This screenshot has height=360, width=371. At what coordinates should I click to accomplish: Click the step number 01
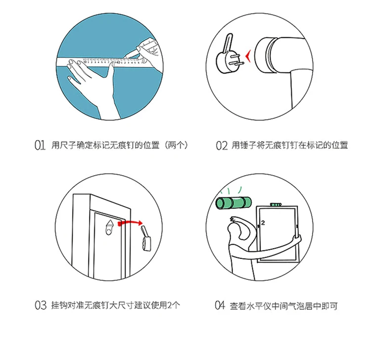tap(40, 145)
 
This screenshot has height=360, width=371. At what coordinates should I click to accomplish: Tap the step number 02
tap(222, 146)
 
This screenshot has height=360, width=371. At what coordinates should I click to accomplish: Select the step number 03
tap(41, 305)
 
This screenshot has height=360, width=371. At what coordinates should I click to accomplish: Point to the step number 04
tap(220, 305)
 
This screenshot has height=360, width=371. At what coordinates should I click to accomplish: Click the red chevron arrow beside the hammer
tap(248, 57)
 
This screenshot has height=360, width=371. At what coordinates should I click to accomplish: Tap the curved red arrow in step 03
tap(131, 223)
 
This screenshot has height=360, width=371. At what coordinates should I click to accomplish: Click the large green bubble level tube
tap(233, 203)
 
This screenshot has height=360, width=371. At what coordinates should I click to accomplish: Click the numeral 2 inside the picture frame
tap(263, 223)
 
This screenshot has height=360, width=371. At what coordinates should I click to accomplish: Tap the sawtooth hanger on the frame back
tap(109, 227)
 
